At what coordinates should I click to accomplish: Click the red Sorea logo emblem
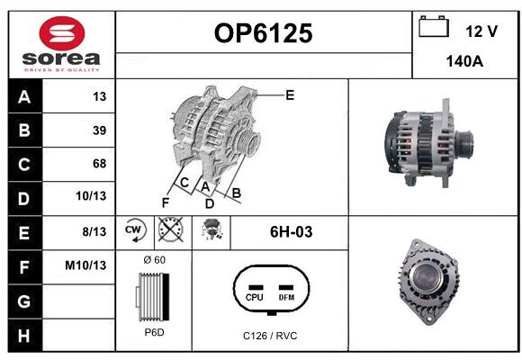click(x=62, y=33)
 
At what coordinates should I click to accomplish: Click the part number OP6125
click(x=264, y=33)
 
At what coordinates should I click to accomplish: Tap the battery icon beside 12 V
click(x=434, y=26)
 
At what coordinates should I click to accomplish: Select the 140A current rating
click(x=464, y=61)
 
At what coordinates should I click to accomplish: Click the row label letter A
click(x=24, y=97)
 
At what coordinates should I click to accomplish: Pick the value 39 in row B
click(x=100, y=130)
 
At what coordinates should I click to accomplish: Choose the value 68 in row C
click(x=100, y=164)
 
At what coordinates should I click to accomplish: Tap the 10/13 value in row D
click(x=91, y=196)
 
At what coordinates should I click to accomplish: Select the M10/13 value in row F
click(x=85, y=265)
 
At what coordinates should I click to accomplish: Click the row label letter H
click(x=24, y=336)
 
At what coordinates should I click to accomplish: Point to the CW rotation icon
click(x=135, y=229)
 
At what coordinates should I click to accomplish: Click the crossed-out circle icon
click(x=170, y=229)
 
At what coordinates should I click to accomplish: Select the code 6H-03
click(x=291, y=232)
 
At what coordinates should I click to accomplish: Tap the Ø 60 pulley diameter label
click(x=155, y=260)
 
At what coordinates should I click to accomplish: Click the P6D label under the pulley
click(x=155, y=332)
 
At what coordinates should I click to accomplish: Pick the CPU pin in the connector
click(x=255, y=293)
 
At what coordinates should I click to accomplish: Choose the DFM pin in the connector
click(x=286, y=293)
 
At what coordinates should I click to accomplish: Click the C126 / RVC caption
click(x=270, y=336)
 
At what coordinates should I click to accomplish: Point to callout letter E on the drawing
click(x=290, y=95)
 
